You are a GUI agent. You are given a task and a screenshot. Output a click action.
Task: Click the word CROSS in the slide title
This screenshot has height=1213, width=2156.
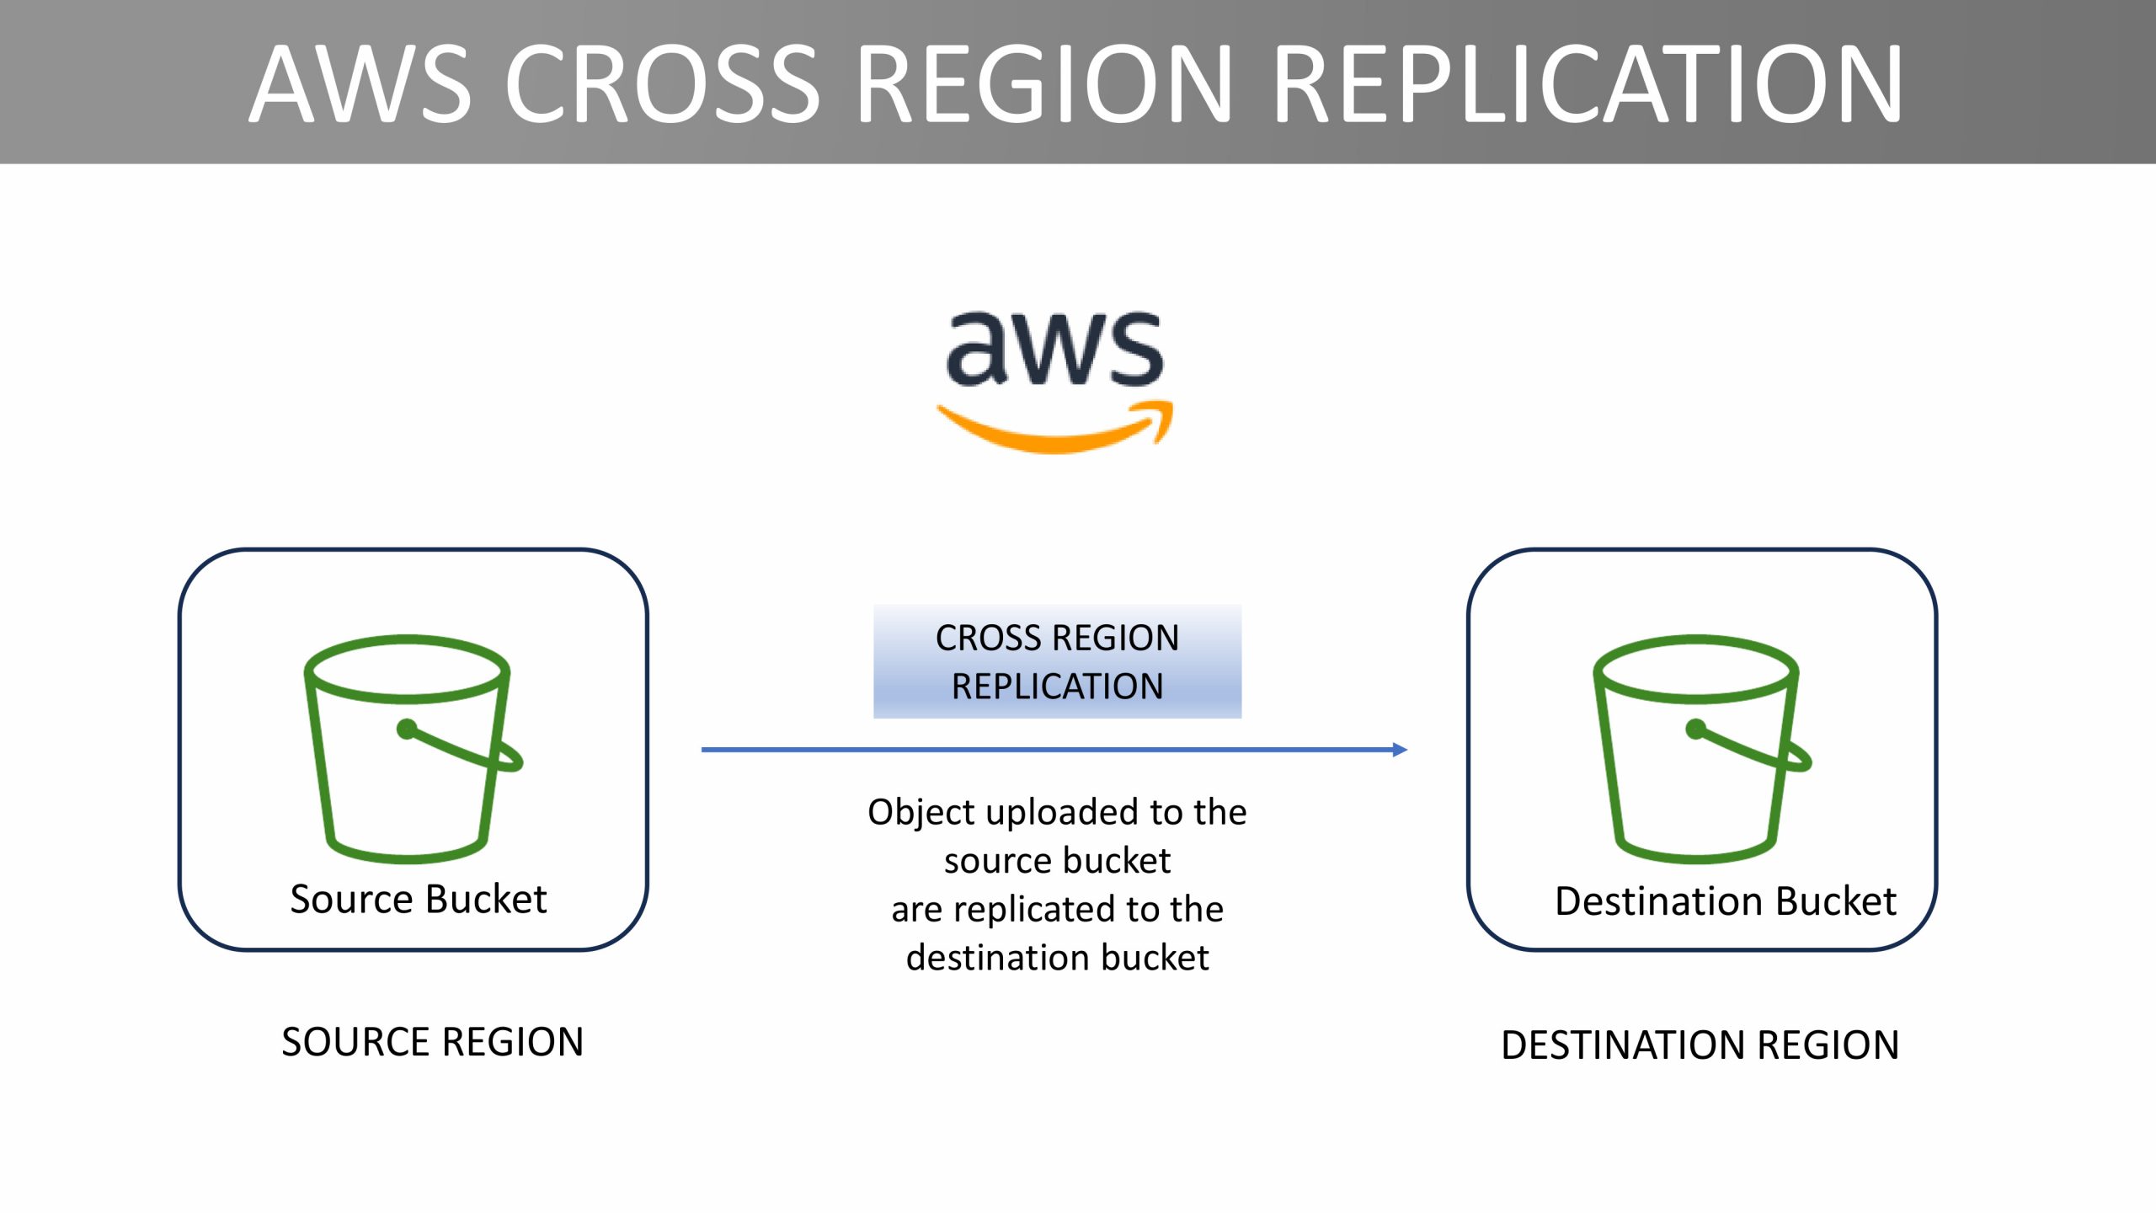[x=663, y=83]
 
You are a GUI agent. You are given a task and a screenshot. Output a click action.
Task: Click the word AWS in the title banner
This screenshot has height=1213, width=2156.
[x=360, y=83]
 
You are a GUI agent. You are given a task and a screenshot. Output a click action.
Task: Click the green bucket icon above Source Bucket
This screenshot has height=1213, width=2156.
[x=413, y=749]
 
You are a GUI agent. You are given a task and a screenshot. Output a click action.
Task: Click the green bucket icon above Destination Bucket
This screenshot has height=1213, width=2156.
[x=1701, y=749]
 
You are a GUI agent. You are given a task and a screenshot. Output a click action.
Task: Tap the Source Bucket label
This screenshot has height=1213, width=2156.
[x=419, y=899]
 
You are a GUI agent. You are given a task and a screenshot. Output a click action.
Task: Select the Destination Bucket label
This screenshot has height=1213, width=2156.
[x=1726, y=900]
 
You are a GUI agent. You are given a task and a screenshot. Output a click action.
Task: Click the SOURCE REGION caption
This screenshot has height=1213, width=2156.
[x=432, y=1042]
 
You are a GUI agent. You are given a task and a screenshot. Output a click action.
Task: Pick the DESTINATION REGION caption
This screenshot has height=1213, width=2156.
[x=1700, y=1045]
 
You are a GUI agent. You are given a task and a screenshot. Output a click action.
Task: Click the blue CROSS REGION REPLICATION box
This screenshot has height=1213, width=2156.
[x=1057, y=661]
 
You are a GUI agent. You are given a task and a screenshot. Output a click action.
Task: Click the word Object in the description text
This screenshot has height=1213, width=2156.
[x=921, y=813]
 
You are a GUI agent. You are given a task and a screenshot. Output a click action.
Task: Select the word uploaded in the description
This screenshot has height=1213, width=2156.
[x=1063, y=812]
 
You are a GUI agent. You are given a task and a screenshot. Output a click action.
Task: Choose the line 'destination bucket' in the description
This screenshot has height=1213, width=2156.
[x=1057, y=958]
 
